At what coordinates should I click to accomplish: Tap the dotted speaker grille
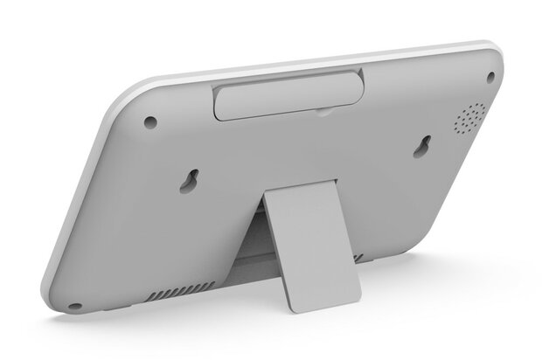[x=470, y=118]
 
